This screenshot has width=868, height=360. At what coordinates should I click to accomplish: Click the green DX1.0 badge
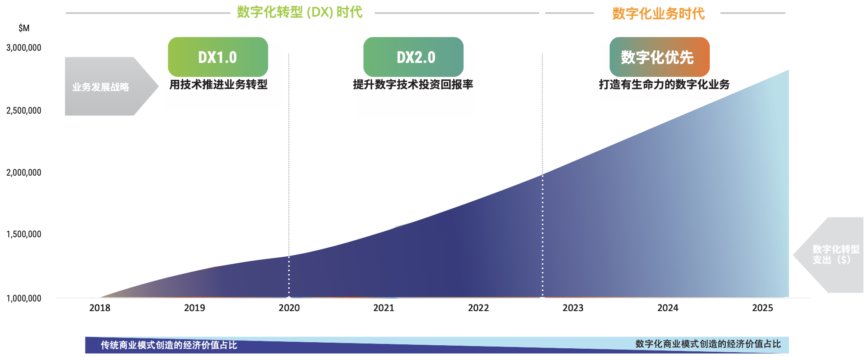[x=218, y=57]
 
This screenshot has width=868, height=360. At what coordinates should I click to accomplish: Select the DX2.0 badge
[x=413, y=57]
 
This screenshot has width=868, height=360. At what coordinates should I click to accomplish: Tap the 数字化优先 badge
[x=659, y=57]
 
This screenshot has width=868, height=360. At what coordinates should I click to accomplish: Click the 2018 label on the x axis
[x=100, y=308]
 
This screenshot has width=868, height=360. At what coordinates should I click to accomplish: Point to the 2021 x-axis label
[x=384, y=308]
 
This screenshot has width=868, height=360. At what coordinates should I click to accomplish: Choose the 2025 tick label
[x=762, y=308]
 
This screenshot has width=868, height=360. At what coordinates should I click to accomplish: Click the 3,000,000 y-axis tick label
[x=24, y=48]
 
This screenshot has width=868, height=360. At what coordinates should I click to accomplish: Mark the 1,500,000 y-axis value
[x=24, y=234]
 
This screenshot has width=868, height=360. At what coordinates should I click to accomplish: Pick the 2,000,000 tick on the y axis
[x=24, y=173]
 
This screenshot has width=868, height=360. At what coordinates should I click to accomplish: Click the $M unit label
[x=24, y=28]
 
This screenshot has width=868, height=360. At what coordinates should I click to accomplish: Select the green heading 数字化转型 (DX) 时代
[x=300, y=12]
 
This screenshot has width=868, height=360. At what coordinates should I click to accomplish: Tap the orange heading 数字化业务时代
[x=658, y=13]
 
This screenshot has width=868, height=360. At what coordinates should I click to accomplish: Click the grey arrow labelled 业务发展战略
[x=104, y=87]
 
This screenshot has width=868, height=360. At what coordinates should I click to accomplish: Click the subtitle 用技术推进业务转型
[x=218, y=85]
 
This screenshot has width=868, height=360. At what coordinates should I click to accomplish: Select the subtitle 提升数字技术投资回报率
[x=413, y=85]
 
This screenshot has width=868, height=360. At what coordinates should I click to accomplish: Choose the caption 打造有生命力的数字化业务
[x=664, y=85]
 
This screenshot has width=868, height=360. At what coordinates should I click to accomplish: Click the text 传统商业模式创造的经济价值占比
[x=169, y=345]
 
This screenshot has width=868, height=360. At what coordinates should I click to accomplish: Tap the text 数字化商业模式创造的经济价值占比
[x=708, y=344]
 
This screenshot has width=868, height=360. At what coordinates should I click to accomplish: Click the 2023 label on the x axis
[x=573, y=308]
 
